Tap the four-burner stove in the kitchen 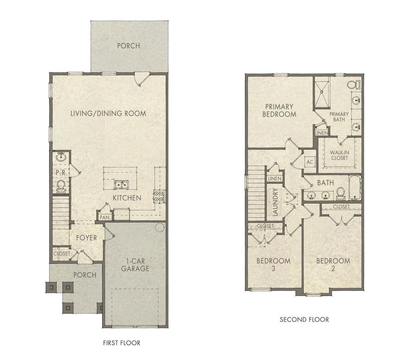pos(158,195)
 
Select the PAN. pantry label pos(105,217)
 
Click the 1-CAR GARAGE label pos(135,265)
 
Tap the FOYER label pos(87,238)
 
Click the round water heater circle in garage pos(160,227)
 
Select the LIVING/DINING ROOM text pos(108,113)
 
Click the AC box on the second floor pos(310,162)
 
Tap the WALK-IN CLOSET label pos(339,155)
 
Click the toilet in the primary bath pos(353,85)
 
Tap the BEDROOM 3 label pos(273,265)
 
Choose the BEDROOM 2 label pos(333,265)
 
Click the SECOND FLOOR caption pos(304,320)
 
